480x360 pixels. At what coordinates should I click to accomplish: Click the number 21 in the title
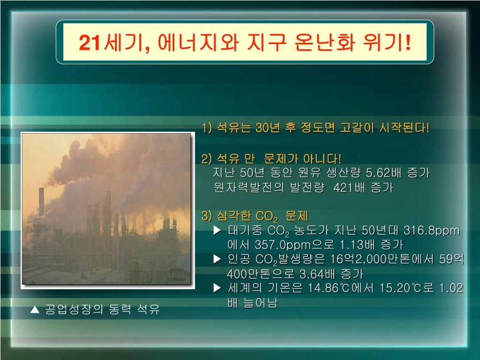[89, 44]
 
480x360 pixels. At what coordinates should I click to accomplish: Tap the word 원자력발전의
[249, 188]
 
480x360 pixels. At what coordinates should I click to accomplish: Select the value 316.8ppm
[431, 231]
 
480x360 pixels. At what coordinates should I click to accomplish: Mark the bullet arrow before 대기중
[217, 231]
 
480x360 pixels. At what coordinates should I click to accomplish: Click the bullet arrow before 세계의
[217, 288]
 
